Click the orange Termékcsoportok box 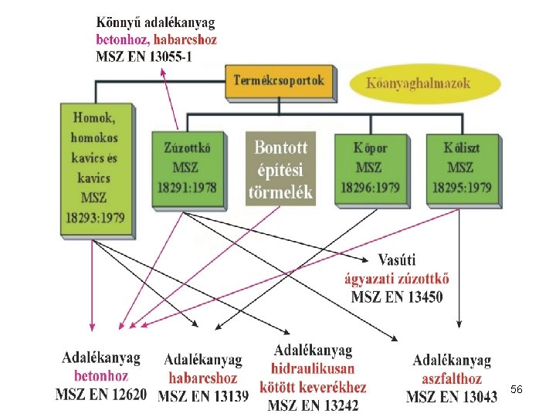click(280, 81)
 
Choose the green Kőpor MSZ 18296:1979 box click(370, 167)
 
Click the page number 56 click(517, 390)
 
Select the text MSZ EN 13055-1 click(144, 56)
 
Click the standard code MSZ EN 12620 click(100, 395)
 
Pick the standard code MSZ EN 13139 click(204, 397)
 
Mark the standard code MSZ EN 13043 click(452, 397)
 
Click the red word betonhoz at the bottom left click(100, 376)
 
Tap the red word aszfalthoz click(452, 378)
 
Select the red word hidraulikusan click(313, 369)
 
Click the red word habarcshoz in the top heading click(185, 39)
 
